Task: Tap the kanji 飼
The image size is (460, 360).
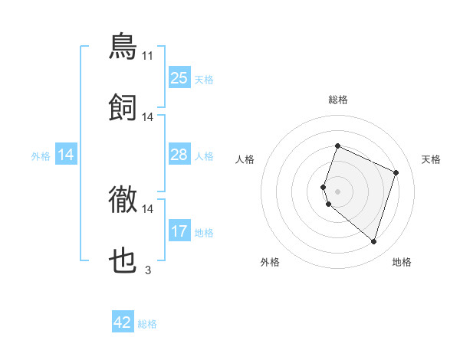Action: (x=123, y=108)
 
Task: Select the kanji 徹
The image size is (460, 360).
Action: (x=123, y=201)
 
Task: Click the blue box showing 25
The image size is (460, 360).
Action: (x=179, y=78)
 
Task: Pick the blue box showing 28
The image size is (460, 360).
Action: (x=179, y=155)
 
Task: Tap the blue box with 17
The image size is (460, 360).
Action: (x=179, y=231)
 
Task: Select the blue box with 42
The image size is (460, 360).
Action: (x=123, y=322)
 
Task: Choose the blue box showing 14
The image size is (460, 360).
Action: (x=66, y=155)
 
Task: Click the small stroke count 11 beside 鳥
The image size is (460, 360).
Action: (x=148, y=55)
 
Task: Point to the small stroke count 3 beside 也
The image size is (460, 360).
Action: (x=148, y=270)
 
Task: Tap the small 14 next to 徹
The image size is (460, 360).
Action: (x=148, y=208)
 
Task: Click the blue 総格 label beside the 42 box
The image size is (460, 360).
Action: (x=147, y=324)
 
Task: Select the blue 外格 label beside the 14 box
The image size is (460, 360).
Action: (x=41, y=156)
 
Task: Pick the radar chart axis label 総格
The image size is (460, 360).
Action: (x=337, y=100)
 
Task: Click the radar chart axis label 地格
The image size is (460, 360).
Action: (x=402, y=262)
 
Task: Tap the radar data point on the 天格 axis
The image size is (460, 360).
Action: (x=396, y=172)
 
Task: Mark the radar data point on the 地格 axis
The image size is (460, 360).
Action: (x=373, y=242)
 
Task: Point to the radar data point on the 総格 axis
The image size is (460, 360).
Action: (x=337, y=146)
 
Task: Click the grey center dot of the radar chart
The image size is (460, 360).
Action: (x=337, y=191)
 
